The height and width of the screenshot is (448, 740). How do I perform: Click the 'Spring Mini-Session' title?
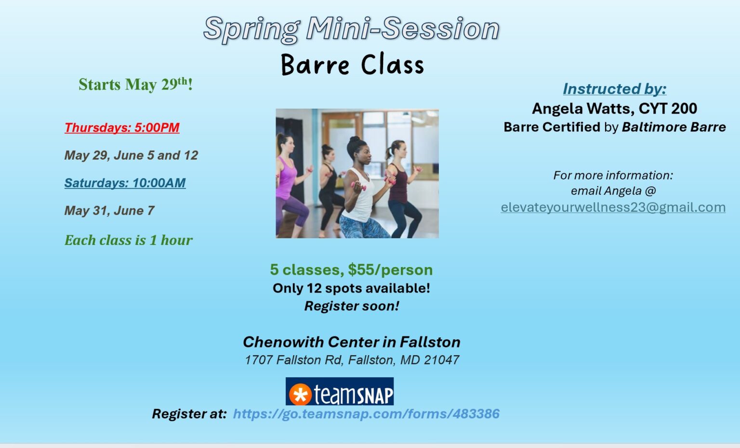click(351, 29)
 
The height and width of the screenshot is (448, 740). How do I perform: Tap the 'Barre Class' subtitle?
click(352, 65)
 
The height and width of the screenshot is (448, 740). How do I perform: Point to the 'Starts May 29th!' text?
click(135, 85)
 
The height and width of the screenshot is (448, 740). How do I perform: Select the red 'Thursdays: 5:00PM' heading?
click(122, 128)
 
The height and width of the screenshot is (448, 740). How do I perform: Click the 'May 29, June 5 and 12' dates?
click(131, 155)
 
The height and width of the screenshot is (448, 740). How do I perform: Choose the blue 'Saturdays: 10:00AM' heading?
click(125, 183)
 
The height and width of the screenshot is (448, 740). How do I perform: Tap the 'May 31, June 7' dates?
click(109, 211)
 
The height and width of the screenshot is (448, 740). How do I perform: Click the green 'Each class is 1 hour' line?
click(128, 240)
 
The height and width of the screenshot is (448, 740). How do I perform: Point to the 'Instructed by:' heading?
click(614, 89)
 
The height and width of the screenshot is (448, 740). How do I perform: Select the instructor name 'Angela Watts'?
click(582, 109)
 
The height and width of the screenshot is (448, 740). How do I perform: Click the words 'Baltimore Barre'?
click(674, 127)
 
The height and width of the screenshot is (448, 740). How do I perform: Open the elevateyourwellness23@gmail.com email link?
click(613, 207)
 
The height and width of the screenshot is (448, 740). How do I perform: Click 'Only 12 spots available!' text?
click(351, 288)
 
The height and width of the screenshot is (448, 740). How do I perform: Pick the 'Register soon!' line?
click(351, 306)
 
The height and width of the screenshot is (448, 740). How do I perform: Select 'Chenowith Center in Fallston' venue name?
click(351, 342)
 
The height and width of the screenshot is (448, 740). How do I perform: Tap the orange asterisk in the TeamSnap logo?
click(300, 395)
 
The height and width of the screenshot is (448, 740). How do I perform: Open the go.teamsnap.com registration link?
click(366, 414)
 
